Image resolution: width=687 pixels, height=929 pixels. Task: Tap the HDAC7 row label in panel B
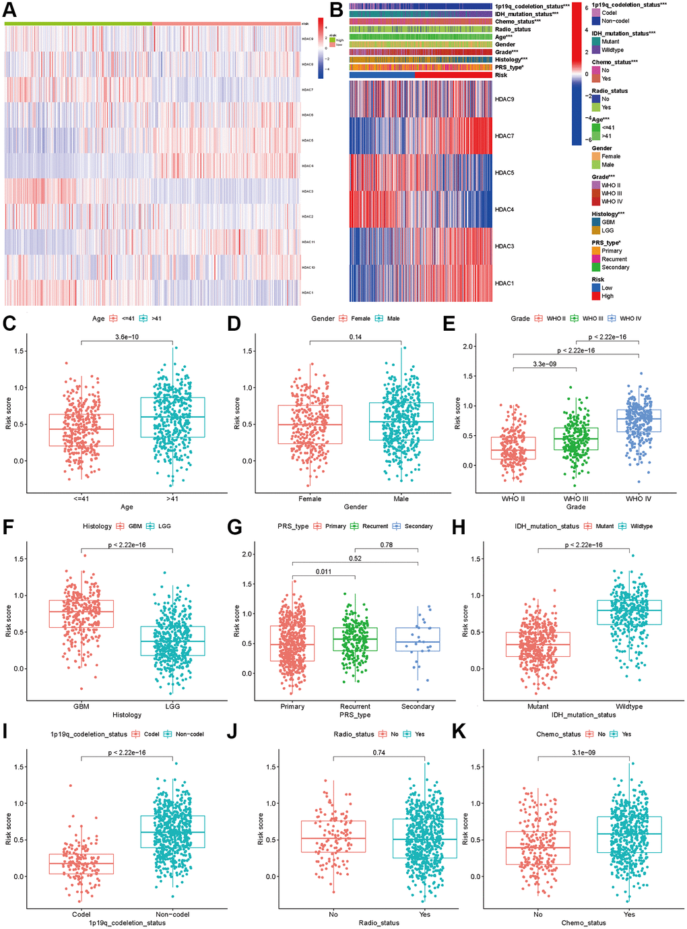coord(504,136)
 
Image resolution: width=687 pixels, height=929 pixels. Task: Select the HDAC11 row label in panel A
coord(308,242)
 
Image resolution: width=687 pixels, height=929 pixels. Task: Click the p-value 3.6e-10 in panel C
coord(127,337)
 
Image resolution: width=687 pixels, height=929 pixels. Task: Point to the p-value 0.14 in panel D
coord(356,337)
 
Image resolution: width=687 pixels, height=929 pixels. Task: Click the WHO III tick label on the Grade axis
coord(576,499)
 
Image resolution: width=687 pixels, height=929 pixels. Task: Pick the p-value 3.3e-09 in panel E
coord(544,364)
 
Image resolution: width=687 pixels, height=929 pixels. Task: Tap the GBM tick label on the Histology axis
coord(81,706)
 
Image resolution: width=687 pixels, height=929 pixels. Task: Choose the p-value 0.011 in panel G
coord(323,571)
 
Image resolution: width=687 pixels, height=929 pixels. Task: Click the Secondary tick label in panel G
coord(418,706)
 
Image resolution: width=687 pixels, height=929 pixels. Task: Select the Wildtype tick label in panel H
coord(629,706)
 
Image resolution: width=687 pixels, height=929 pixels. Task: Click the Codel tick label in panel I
coord(81,914)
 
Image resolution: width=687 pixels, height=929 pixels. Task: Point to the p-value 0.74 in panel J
coord(379,752)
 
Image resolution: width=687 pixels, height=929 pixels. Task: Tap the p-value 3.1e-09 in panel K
coord(584,752)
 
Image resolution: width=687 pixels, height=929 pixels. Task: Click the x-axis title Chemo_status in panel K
coord(583,922)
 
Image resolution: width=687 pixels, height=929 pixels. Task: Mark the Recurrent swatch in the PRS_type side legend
coord(596,259)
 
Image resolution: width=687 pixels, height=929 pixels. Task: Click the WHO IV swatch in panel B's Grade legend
coord(596,201)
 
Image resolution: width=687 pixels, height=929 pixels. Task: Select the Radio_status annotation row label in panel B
coord(513,30)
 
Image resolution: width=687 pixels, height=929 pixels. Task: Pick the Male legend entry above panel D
coord(393,319)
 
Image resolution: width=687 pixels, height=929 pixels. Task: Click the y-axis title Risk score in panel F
coord(9,620)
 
